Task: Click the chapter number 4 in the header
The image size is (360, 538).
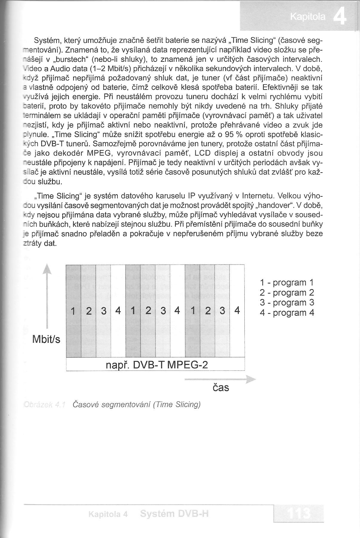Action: pyautogui.click(x=340, y=18)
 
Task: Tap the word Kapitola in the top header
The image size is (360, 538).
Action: pyautogui.click(x=308, y=17)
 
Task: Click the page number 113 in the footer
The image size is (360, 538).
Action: pyautogui.click(x=298, y=513)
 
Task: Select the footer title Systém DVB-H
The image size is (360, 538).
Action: pyautogui.click(x=174, y=514)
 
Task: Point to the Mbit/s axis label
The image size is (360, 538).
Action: pyautogui.click(x=46, y=339)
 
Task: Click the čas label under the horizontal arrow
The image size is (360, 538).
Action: pyautogui.click(x=221, y=388)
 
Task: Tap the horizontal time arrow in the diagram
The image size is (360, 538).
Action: pyautogui.click(x=220, y=379)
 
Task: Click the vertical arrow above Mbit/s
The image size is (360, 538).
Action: pyautogui.click(x=47, y=296)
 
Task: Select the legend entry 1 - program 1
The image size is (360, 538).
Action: pyautogui.click(x=287, y=282)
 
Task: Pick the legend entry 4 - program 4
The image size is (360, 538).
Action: pyautogui.click(x=287, y=313)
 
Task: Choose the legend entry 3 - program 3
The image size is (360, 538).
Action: pyautogui.click(x=287, y=302)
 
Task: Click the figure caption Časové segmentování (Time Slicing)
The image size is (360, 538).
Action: pyautogui.click(x=137, y=405)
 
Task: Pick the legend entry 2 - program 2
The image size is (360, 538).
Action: pyautogui.click(x=287, y=293)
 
